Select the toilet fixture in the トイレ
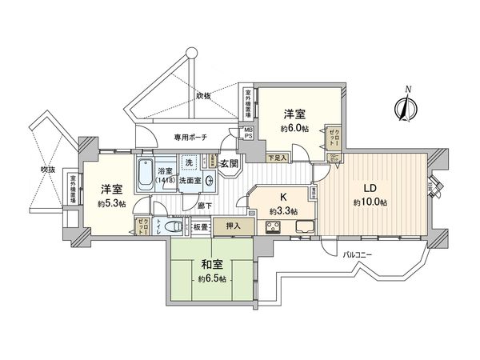pos(162,227)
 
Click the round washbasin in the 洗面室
pos(209,181)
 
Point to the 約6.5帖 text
pos(211,278)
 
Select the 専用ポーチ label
pos(190,138)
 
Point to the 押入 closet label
pos(232,227)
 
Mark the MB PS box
pos(249,134)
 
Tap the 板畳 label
pos(199,227)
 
